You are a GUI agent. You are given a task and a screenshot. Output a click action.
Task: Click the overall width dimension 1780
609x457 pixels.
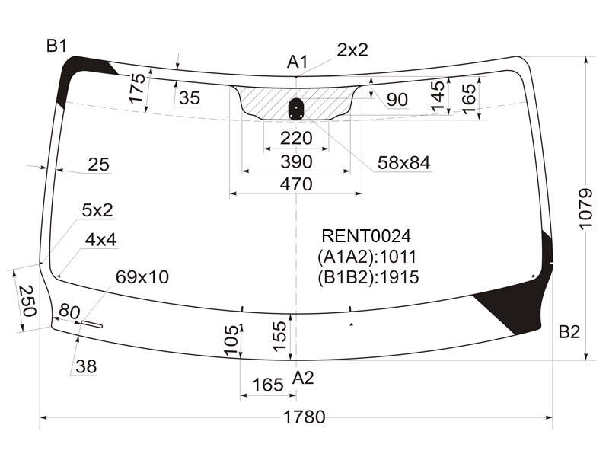pyautogui.click(x=304, y=417)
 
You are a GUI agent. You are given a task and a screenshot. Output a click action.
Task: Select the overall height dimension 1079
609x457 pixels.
pyautogui.click(x=585, y=209)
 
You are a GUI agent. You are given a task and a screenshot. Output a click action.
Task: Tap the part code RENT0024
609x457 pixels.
pyautogui.click(x=366, y=236)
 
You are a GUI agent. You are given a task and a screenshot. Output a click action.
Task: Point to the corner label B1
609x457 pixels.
pyautogui.click(x=56, y=46)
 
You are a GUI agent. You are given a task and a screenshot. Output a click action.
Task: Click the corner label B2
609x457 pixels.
pyautogui.click(x=569, y=332)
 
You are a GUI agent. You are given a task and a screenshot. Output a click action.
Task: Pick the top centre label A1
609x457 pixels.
pyautogui.click(x=297, y=62)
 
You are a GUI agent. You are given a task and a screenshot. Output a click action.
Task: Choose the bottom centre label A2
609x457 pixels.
pyautogui.click(x=302, y=377)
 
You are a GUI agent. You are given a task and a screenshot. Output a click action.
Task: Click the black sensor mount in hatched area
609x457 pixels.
pyautogui.click(x=296, y=108)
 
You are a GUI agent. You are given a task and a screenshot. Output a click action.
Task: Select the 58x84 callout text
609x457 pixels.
pyautogui.click(x=404, y=163)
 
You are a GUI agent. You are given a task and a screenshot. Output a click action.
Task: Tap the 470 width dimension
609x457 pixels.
pyautogui.click(x=296, y=184)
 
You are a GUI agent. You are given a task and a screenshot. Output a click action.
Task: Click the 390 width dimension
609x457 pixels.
pyautogui.click(x=296, y=161)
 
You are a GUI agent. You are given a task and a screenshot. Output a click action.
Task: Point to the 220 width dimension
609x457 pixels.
pyautogui.click(x=296, y=138)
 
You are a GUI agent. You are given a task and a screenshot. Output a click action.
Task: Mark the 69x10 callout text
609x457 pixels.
pyautogui.click(x=142, y=277)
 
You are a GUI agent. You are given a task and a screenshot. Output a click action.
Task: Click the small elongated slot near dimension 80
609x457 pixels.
pyautogui.click(x=91, y=324)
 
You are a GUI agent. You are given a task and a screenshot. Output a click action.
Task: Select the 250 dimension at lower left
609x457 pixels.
pyautogui.click(x=27, y=301)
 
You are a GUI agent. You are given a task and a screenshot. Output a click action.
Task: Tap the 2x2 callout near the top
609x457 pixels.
pyautogui.click(x=352, y=50)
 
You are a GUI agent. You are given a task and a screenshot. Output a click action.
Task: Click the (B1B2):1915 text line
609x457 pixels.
pyautogui.click(x=368, y=277)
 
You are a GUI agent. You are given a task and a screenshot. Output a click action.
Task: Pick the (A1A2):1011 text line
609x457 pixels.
pyautogui.click(x=367, y=257)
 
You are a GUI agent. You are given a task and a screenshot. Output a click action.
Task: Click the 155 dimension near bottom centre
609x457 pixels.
pyautogui.click(x=279, y=336)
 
